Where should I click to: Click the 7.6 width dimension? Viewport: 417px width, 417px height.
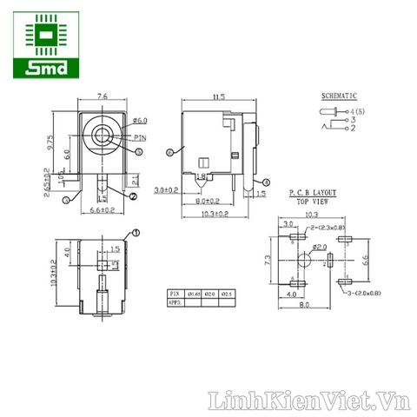(103, 96)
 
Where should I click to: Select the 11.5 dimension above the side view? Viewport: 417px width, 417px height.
(217, 96)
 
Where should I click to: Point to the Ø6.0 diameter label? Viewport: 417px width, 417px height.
(142, 121)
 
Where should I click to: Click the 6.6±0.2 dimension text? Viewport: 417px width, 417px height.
(103, 209)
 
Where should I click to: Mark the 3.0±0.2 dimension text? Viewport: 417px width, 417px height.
(167, 189)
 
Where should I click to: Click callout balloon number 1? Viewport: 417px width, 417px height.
(136, 233)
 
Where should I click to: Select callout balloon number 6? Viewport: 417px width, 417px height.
(168, 153)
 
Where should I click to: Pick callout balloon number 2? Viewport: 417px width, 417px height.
(133, 196)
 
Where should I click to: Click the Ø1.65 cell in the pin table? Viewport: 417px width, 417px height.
(195, 295)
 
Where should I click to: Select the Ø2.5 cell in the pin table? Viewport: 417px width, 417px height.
(228, 295)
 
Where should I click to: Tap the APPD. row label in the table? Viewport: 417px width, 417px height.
(175, 303)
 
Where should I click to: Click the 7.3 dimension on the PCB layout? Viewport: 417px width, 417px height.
(271, 259)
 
